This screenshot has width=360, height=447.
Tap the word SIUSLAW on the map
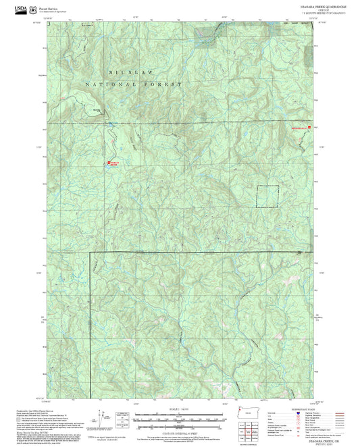[124, 71]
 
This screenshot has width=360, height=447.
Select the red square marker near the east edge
[309, 127]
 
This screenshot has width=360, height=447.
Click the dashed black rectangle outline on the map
[267, 196]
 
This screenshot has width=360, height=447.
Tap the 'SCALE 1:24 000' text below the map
[179, 411]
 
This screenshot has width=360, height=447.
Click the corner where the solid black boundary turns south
[91, 253]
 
